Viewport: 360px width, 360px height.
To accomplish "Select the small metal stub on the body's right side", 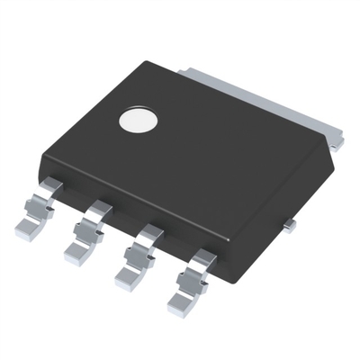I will point(287,225).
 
